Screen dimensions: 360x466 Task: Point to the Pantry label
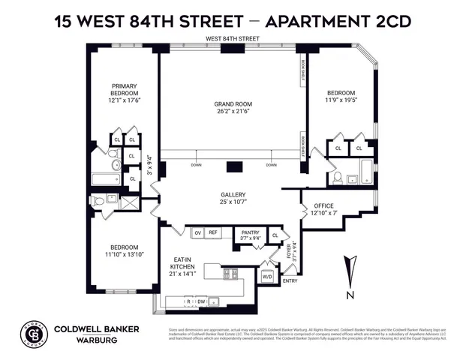coord(250,233)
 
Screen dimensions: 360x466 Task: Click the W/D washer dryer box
coord(266,276)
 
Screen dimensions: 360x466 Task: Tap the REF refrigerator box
coord(213,233)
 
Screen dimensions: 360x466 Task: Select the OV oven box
coord(198,233)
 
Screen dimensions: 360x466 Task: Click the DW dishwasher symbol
coord(201,301)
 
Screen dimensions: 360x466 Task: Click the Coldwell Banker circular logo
coord(36,331)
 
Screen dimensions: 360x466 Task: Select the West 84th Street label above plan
coord(233,39)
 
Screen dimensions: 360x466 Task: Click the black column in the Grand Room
coord(233,167)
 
